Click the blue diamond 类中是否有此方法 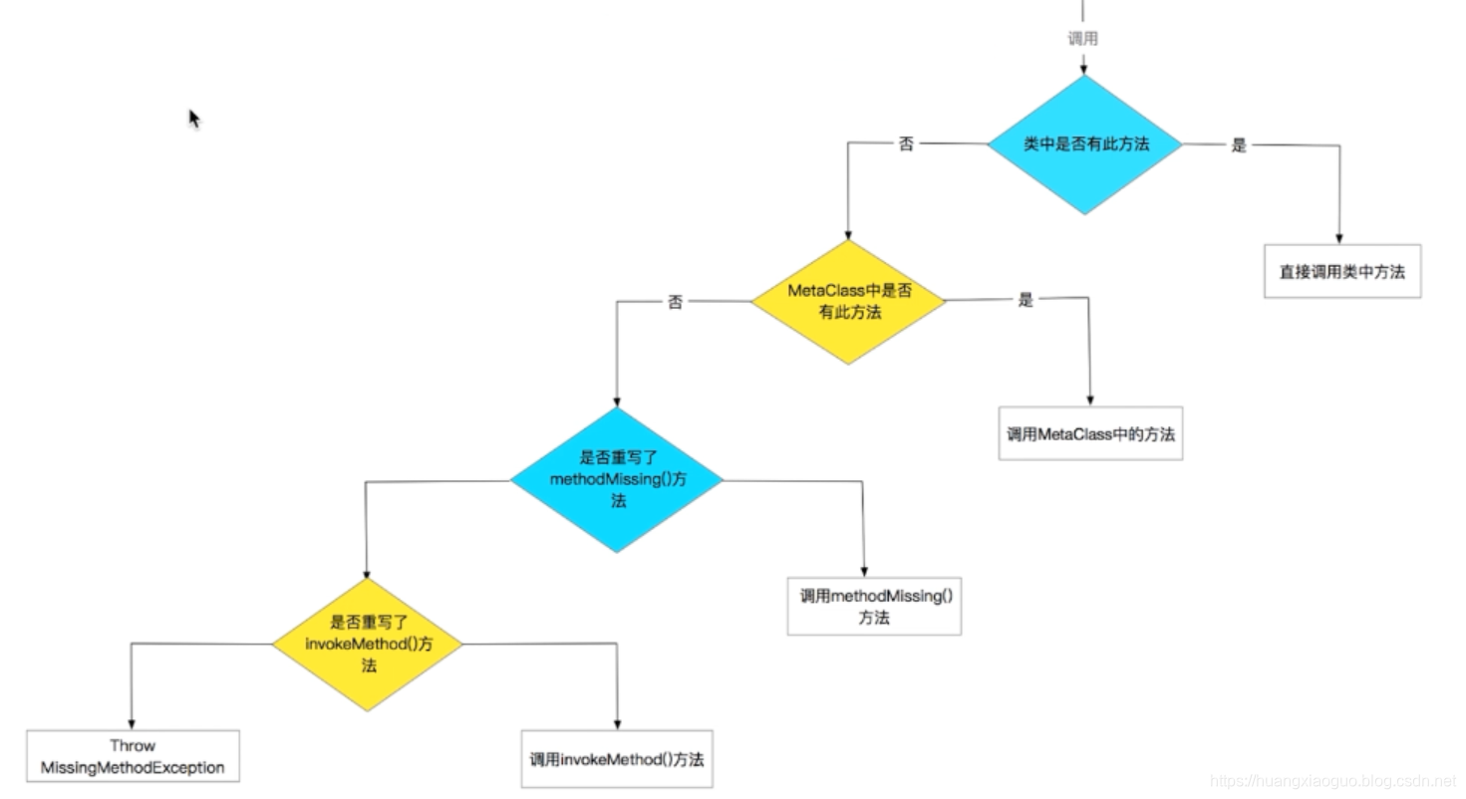1084,144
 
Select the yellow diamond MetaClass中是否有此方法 848,302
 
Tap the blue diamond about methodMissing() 618,479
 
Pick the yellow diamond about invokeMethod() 368,645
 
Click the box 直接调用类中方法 1341,271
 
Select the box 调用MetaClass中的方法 1090,433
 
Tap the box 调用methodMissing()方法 874,606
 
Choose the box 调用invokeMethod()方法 617,759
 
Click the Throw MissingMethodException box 133,757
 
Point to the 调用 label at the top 1083,39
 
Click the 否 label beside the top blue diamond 906,144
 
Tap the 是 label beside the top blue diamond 1239,145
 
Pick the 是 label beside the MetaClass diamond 1026,300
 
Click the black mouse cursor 194,119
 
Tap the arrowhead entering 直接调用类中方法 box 1340,238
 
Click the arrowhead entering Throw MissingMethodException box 131,724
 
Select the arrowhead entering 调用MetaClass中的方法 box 1090,400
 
